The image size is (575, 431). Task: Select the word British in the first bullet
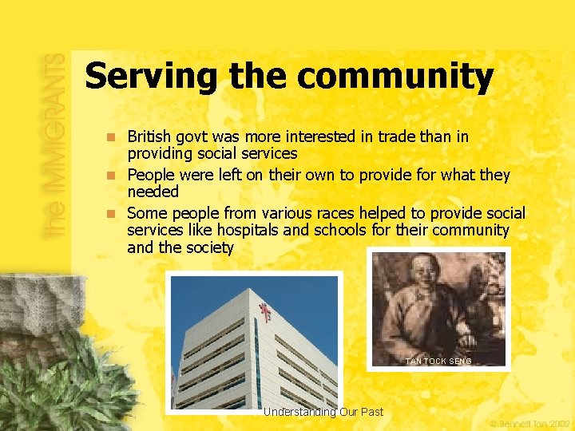click(152, 137)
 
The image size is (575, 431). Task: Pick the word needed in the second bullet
click(153, 192)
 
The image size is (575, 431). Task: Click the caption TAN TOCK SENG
click(438, 362)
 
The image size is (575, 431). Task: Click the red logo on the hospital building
click(264, 311)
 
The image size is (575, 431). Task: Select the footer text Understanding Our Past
click(323, 412)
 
